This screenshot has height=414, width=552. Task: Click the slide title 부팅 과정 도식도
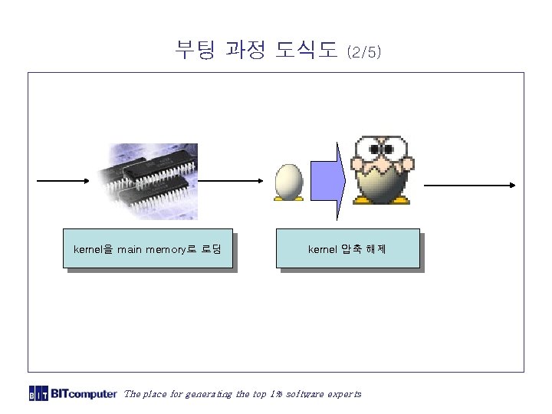(x=256, y=51)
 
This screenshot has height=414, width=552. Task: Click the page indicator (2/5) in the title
(x=363, y=53)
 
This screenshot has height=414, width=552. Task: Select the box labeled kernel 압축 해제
(x=348, y=249)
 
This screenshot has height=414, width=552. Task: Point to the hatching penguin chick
(x=381, y=172)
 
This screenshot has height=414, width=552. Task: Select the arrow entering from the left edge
(x=64, y=181)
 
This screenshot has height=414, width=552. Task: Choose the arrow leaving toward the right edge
(x=468, y=184)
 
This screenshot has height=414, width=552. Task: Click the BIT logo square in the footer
(x=38, y=394)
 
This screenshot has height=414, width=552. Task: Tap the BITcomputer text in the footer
(x=84, y=394)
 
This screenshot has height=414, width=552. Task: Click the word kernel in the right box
(x=320, y=249)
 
